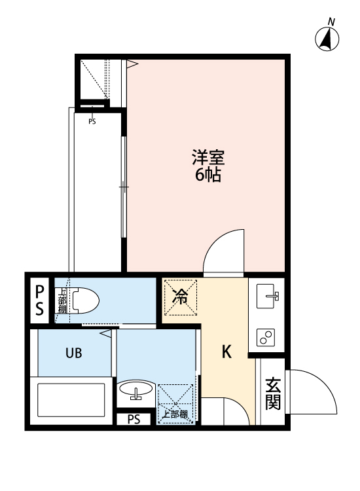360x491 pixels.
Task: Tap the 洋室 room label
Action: click(x=208, y=157)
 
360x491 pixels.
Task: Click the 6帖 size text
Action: click(x=208, y=175)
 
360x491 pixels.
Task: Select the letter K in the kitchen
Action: click(x=226, y=352)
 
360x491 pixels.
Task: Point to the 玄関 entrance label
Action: click(x=273, y=393)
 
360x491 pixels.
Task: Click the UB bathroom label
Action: click(x=73, y=354)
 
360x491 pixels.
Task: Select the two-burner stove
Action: click(x=267, y=337)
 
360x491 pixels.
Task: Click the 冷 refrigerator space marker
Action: click(x=180, y=298)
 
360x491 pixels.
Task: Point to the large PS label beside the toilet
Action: click(x=39, y=300)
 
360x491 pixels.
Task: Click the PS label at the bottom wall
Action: click(x=134, y=420)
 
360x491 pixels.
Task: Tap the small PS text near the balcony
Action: click(x=92, y=121)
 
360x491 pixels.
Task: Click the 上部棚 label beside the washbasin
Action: click(x=175, y=414)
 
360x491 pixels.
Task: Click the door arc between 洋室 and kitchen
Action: click(x=223, y=252)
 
